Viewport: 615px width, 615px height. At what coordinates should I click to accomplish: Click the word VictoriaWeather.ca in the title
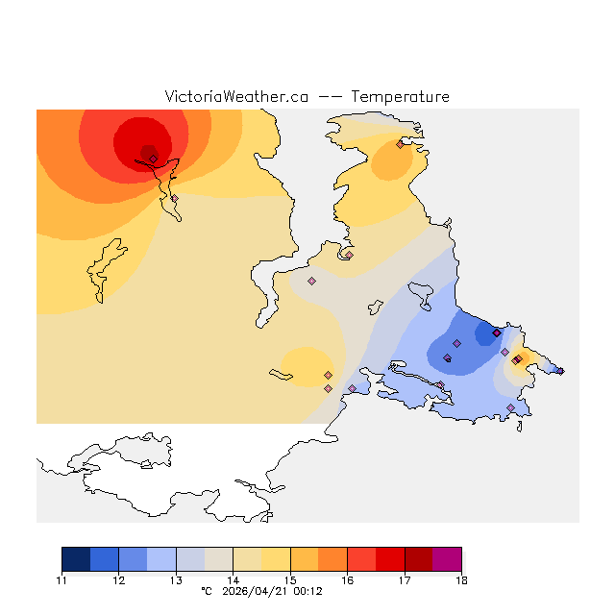(236, 97)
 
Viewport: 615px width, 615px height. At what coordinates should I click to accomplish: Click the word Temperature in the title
(400, 97)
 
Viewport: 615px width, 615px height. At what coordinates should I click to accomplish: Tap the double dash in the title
(330, 97)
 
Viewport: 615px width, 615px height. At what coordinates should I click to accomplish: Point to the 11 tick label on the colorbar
(61, 580)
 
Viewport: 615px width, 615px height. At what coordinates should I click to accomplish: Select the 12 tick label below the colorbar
(118, 580)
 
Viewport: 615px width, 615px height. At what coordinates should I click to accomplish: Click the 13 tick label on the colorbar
(176, 580)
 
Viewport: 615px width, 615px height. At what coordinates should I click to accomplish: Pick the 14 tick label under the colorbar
(233, 580)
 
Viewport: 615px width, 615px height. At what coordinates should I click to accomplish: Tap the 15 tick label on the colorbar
(290, 580)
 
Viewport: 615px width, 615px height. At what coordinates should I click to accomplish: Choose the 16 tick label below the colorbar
(347, 580)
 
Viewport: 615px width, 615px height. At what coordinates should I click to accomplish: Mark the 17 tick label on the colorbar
(405, 580)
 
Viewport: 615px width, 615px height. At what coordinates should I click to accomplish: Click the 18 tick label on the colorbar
(461, 580)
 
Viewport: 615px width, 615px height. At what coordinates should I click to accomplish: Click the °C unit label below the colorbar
(206, 592)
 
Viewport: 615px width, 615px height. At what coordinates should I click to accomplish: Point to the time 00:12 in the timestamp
(307, 592)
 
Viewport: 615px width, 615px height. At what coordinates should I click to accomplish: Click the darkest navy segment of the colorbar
(76, 559)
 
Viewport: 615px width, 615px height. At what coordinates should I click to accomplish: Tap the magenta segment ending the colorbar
(447, 559)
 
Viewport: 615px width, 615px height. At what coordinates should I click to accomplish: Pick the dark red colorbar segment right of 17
(418, 559)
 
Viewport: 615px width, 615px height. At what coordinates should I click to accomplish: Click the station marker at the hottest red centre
(153, 159)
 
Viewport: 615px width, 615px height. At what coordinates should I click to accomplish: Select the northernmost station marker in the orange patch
(400, 144)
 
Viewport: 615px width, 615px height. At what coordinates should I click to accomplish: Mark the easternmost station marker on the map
(560, 371)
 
